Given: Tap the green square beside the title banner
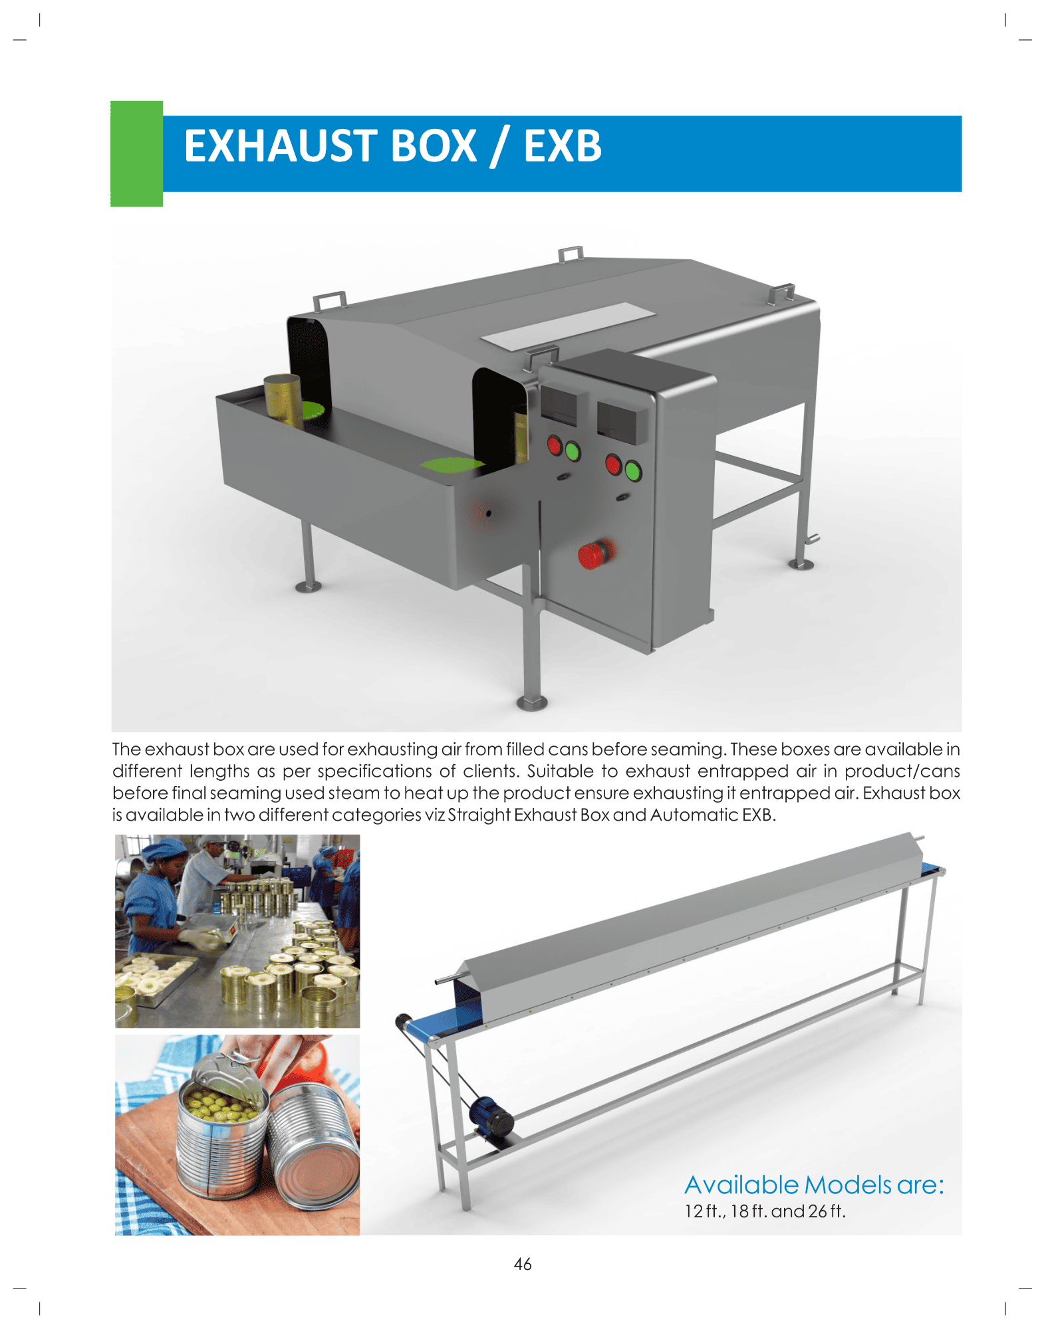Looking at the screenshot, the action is [x=136, y=153].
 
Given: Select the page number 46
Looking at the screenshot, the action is [x=523, y=1265].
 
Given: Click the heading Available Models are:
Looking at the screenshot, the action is [x=814, y=1185].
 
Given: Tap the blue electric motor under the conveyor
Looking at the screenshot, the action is [x=491, y=1119].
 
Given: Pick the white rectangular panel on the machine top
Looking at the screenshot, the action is [x=568, y=326].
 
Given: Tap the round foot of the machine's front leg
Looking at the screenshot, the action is [x=532, y=702].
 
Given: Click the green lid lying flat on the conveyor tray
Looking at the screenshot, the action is [x=452, y=464].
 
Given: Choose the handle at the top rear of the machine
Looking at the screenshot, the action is [x=571, y=254].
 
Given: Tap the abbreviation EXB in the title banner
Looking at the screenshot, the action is [x=563, y=146].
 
